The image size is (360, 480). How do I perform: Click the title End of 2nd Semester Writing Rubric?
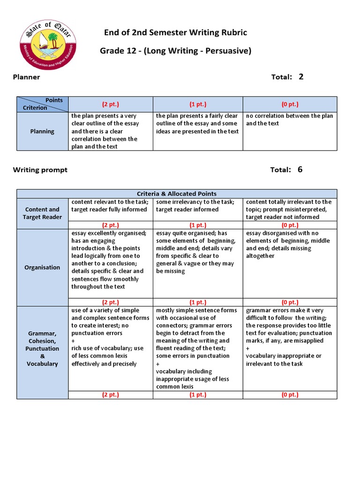click(175, 32)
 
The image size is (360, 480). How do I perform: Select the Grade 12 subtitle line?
click(175, 51)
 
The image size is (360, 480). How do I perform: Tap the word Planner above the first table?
click(26, 77)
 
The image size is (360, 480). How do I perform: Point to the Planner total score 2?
click(301, 76)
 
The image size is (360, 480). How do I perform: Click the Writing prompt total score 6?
click(300, 169)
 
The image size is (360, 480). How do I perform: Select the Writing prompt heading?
click(40, 170)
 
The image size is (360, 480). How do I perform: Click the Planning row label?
click(42, 131)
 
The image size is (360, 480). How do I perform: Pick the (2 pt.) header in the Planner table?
click(111, 104)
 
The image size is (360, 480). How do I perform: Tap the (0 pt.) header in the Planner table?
click(290, 104)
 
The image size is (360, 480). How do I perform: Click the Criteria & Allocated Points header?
click(177, 194)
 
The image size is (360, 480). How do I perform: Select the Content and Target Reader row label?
click(42, 213)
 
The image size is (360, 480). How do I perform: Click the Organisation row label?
click(42, 267)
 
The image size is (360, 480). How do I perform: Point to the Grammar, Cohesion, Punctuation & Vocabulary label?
click(42, 348)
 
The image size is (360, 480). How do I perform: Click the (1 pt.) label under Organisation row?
click(198, 302)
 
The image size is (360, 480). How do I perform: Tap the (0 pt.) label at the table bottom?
click(290, 395)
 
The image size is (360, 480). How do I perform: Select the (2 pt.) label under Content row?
click(111, 225)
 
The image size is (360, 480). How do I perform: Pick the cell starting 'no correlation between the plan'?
click(289, 120)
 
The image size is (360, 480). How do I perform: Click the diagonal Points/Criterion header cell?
click(42, 104)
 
